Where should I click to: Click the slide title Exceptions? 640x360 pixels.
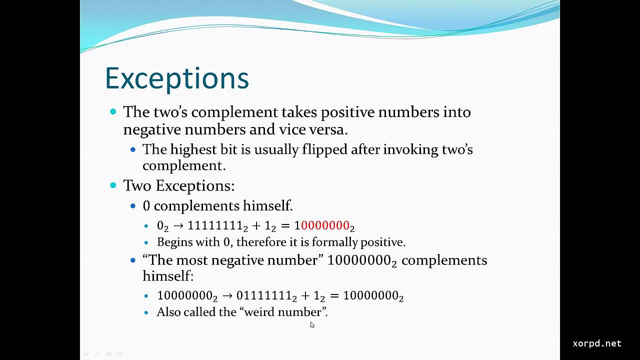click(x=177, y=78)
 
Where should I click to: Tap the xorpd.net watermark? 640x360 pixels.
click(x=596, y=343)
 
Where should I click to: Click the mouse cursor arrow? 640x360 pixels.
click(x=312, y=324)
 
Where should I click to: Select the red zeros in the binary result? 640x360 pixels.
click(x=324, y=225)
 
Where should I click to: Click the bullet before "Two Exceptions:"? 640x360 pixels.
click(x=113, y=185)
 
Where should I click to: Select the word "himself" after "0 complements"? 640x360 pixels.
click(x=266, y=205)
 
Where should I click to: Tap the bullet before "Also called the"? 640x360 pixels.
click(x=146, y=312)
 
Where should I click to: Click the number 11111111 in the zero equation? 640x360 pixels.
click(x=214, y=225)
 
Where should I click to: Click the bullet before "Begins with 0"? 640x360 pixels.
click(x=146, y=242)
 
